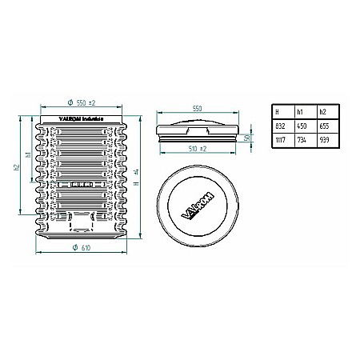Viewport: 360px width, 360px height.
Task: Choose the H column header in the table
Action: [277, 112]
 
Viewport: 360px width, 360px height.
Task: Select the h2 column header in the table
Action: [322, 112]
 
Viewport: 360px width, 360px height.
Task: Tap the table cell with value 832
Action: [279, 126]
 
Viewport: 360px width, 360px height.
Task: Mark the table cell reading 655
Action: [325, 126]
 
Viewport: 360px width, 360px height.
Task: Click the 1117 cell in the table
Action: [280, 139]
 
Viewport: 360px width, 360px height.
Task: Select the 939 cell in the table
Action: [325, 139]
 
